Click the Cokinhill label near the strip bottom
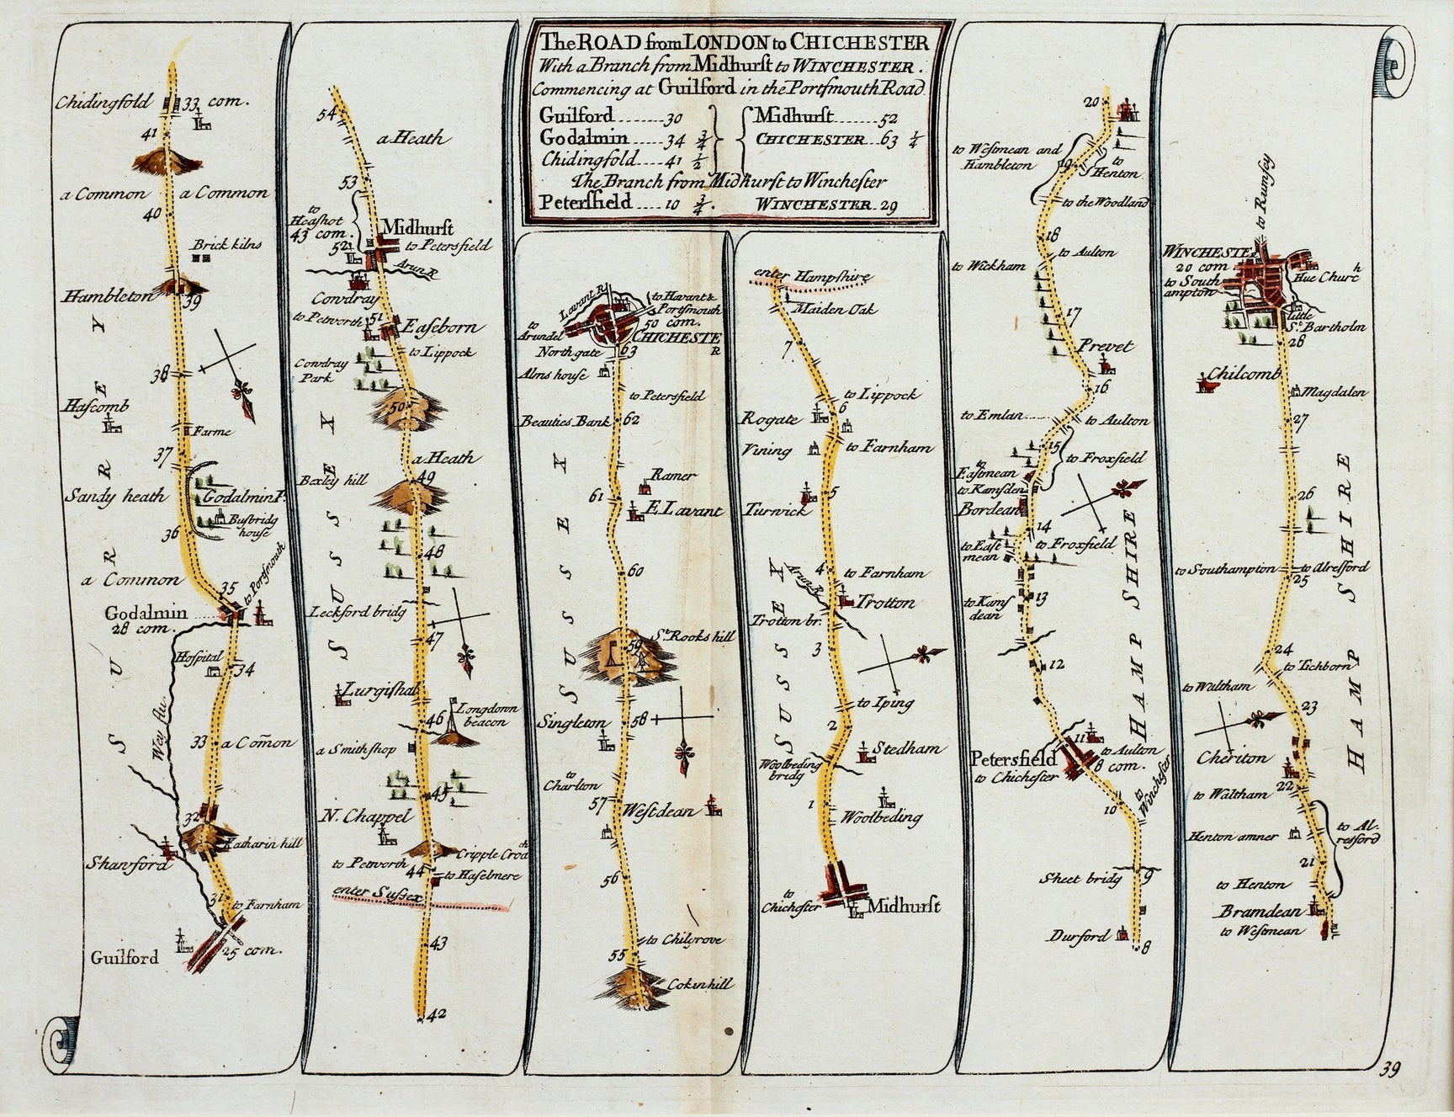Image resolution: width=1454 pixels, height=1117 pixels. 702,983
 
